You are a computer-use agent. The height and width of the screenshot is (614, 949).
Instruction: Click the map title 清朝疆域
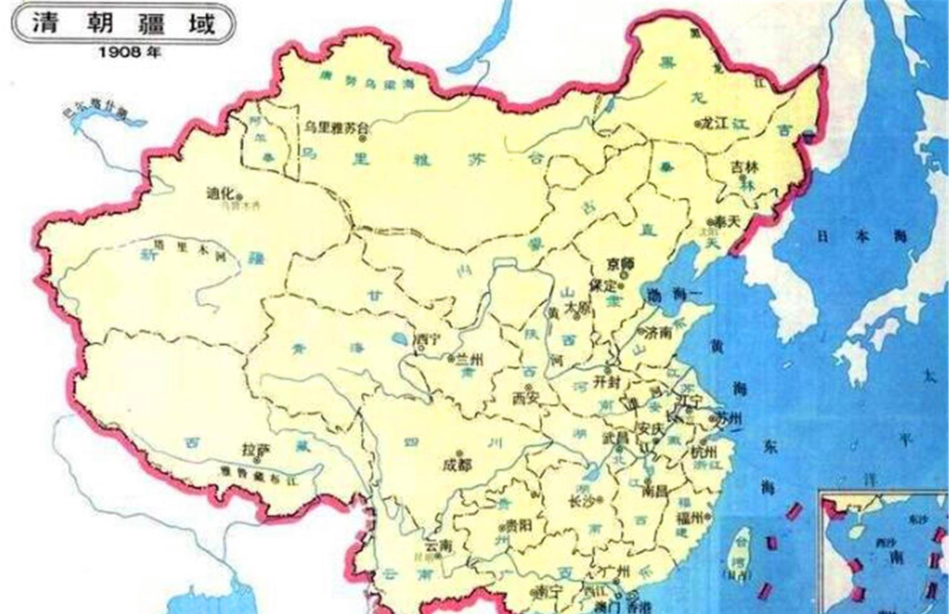(x=124, y=23)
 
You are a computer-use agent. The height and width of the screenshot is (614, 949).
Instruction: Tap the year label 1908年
(x=129, y=52)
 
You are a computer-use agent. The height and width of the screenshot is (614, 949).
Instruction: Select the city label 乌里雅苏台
(x=336, y=127)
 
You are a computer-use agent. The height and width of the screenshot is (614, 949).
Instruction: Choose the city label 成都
(x=457, y=464)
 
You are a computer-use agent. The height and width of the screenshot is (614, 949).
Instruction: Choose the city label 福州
(x=689, y=518)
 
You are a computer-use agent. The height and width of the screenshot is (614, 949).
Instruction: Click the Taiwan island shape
(x=738, y=551)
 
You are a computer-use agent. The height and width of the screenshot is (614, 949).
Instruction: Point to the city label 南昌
(x=655, y=491)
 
